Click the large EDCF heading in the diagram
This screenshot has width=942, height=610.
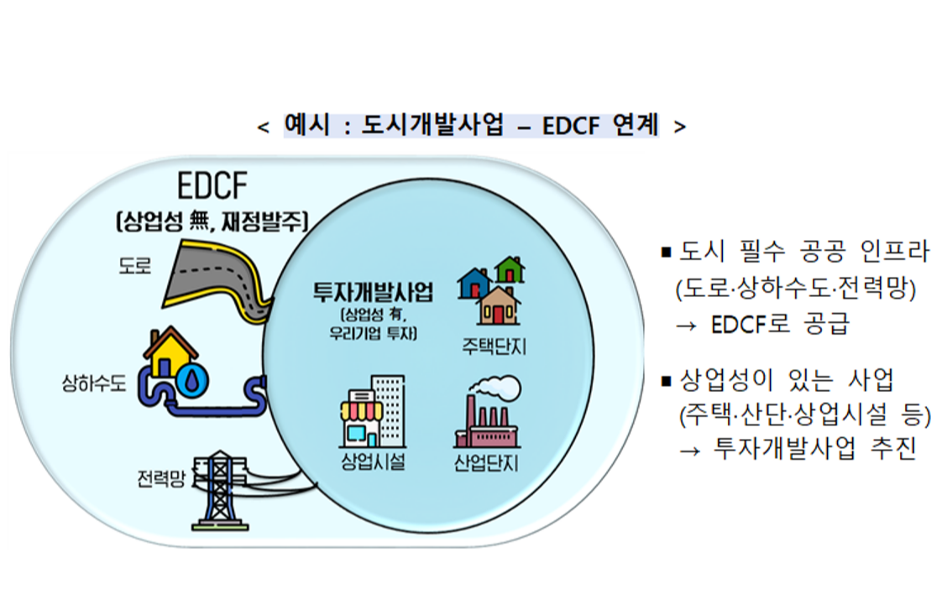pos(212,185)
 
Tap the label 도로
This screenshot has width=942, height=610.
pos(134,266)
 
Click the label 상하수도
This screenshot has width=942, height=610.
pos(94,383)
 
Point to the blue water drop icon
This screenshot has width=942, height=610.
pos(191,379)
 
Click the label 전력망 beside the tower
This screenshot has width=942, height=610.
pos(161,478)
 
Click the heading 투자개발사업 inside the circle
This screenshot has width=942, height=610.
pos(373,292)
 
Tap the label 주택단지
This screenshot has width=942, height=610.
pos(494,347)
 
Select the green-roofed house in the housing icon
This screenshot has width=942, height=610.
pos(510,269)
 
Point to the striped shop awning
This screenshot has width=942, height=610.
pos(362,410)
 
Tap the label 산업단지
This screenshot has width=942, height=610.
pos(486,463)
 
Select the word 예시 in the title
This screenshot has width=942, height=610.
pos(307,125)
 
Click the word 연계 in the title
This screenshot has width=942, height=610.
pos(636,125)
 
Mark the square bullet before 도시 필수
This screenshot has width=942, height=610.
pos(666,253)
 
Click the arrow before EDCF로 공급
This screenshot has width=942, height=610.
pos(687,326)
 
